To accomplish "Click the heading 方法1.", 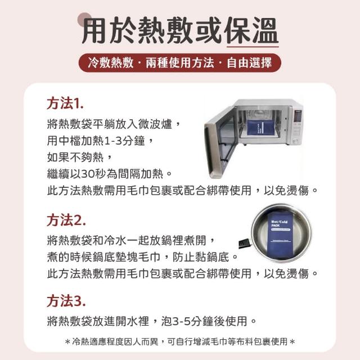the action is [65, 103].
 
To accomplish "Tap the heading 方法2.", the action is [66, 220].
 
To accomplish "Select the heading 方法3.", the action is [66, 301].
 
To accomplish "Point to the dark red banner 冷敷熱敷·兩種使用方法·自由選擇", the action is [180, 62].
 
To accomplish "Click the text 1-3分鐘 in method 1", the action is [124, 141].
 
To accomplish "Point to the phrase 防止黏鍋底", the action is [201, 257].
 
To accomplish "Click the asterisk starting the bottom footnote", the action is [67, 343].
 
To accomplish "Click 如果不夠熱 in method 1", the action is [75, 157].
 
